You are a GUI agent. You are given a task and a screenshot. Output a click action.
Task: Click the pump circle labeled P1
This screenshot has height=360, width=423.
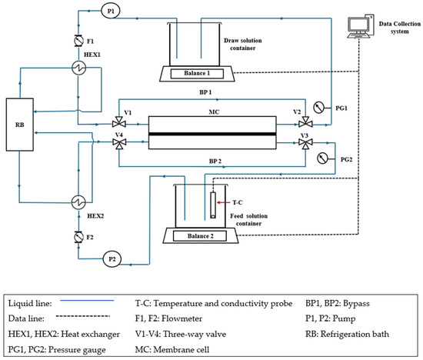pos(111,11)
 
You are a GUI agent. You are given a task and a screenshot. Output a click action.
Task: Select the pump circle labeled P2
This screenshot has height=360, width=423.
pos(112,259)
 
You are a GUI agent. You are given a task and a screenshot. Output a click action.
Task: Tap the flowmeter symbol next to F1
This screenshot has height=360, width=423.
pos(78,41)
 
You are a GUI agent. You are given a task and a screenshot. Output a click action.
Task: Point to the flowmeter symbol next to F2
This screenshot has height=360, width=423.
pos(78,237)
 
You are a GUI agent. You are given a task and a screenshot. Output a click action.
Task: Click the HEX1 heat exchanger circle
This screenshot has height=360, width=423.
pos(79,68)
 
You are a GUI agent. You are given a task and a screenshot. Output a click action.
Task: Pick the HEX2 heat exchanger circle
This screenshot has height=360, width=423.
pos(78,202)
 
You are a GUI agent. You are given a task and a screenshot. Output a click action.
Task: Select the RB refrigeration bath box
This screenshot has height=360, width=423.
pos(20,125)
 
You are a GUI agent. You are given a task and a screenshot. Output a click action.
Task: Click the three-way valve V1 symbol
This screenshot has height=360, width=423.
pos(119,122)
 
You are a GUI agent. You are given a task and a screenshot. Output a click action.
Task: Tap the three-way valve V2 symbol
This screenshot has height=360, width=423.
pos(305,122)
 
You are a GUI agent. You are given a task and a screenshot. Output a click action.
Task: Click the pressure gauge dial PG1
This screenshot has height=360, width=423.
pos(318,108)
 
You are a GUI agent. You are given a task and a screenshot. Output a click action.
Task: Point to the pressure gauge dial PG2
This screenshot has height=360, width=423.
pos(322,158)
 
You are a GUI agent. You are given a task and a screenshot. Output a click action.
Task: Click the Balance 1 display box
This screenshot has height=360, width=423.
pos(197,73)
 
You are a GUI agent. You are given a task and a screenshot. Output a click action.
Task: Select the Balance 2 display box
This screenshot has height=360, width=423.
pos(200,236)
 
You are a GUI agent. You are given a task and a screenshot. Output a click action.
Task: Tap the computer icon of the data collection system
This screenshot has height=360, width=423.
pos(361,26)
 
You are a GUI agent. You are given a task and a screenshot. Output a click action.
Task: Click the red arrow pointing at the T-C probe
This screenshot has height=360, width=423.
pos(224,202)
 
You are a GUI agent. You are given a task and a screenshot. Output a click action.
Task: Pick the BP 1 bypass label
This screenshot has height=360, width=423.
pos(205,92)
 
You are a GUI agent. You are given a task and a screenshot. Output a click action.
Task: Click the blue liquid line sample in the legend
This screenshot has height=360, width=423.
pos(87,300)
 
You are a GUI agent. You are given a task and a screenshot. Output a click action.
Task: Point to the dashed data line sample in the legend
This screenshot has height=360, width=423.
pos(83,315)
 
